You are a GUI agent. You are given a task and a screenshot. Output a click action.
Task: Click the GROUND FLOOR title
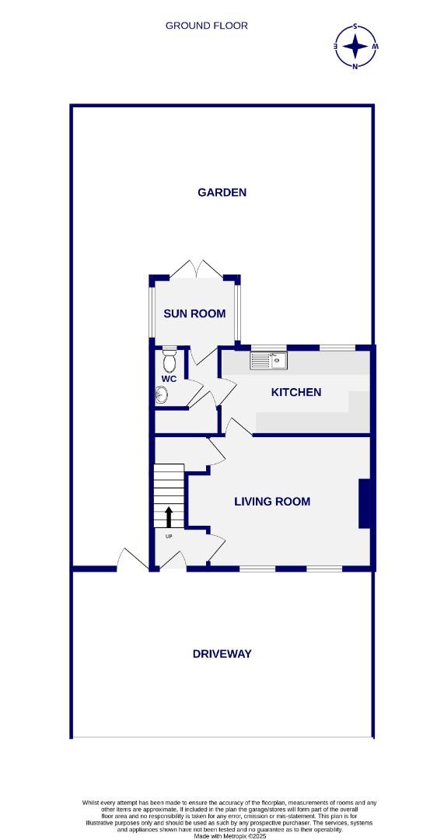coord(206,26)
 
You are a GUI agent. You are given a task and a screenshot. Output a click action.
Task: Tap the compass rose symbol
coord(356,47)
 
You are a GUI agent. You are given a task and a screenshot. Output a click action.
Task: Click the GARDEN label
coord(222,192)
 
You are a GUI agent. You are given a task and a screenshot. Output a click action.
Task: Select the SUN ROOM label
coord(194,313)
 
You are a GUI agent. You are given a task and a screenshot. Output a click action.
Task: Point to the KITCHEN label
coord(295,392)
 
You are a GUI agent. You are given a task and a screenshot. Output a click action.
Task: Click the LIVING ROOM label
coord(272,502)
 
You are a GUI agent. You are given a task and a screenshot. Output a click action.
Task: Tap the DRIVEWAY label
coord(222,654)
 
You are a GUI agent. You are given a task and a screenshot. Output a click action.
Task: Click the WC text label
coord(170,379)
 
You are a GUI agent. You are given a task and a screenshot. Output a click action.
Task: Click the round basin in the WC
coord(162,396)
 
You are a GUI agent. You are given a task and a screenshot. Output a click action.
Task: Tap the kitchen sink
coord(269,361)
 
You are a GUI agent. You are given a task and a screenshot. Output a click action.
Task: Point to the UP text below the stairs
coord(169,536)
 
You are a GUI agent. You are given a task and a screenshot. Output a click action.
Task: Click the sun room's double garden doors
coord(198,270)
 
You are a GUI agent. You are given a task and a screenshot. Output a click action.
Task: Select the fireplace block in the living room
coord(364,504)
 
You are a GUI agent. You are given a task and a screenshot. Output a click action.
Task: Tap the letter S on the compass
coord(356,26)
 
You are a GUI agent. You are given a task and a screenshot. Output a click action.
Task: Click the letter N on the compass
coord(356,67)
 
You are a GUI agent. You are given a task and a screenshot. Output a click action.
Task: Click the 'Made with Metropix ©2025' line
coord(222,835)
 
